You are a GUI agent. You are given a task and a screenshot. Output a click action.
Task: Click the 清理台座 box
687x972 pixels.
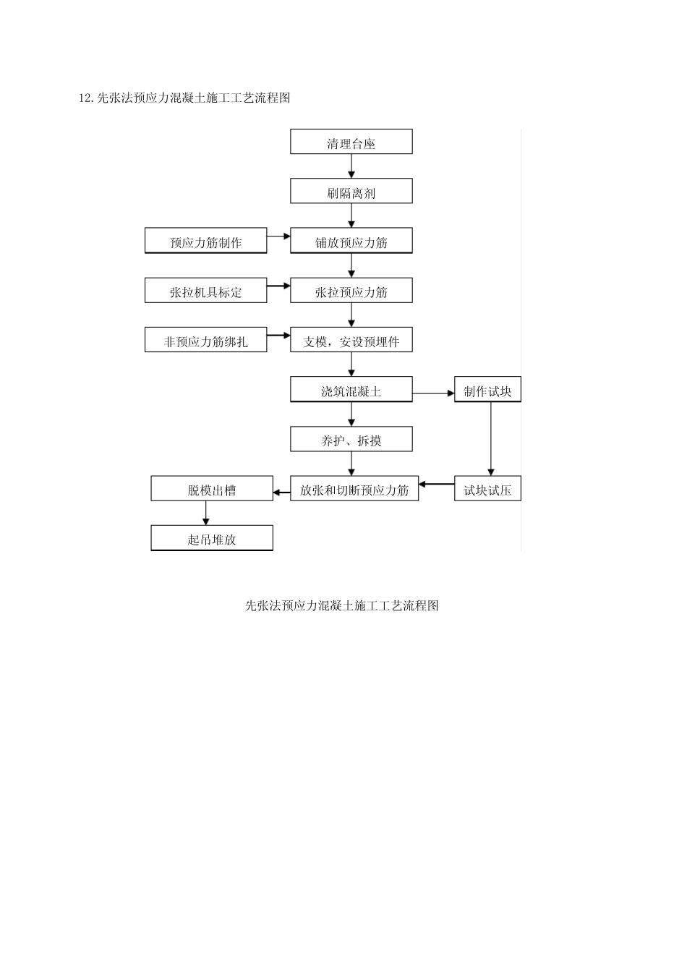click(x=351, y=142)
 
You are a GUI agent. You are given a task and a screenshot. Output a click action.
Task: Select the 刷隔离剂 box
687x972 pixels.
click(x=351, y=192)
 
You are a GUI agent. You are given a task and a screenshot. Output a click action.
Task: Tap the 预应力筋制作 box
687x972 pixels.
click(x=205, y=241)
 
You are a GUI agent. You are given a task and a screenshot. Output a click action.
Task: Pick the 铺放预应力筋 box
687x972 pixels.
click(x=351, y=241)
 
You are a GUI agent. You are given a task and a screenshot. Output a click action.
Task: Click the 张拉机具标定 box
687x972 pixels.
click(x=205, y=291)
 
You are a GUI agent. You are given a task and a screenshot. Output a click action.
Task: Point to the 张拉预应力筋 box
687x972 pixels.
click(x=351, y=291)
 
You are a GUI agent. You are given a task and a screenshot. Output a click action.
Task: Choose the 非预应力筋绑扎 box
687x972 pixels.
click(x=205, y=341)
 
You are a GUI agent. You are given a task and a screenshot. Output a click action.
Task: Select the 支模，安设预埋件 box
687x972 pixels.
click(x=351, y=341)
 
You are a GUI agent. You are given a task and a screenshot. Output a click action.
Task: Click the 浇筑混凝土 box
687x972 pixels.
click(x=351, y=390)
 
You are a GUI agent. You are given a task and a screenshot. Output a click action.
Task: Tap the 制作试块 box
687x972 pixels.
click(x=487, y=390)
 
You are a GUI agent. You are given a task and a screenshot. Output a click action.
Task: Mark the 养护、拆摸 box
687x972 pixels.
click(x=351, y=439)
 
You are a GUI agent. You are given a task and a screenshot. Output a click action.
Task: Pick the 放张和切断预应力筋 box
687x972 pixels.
click(x=354, y=489)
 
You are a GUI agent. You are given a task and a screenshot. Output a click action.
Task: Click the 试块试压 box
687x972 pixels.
click(x=487, y=489)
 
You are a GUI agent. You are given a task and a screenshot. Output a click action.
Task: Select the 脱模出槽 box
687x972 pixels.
click(x=212, y=489)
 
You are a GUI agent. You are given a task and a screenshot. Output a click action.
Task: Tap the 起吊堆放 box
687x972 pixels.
click(x=212, y=538)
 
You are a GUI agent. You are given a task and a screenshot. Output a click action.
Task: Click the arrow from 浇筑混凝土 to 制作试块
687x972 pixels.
click(x=433, y=393)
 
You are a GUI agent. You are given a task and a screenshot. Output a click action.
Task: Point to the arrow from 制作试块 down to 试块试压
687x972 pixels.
click(x=491, y=438)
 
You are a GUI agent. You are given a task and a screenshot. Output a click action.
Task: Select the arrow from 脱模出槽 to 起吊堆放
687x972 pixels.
click(x=206, y=513)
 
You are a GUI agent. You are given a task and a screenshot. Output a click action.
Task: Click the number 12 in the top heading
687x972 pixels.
click(x=85, y=98)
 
